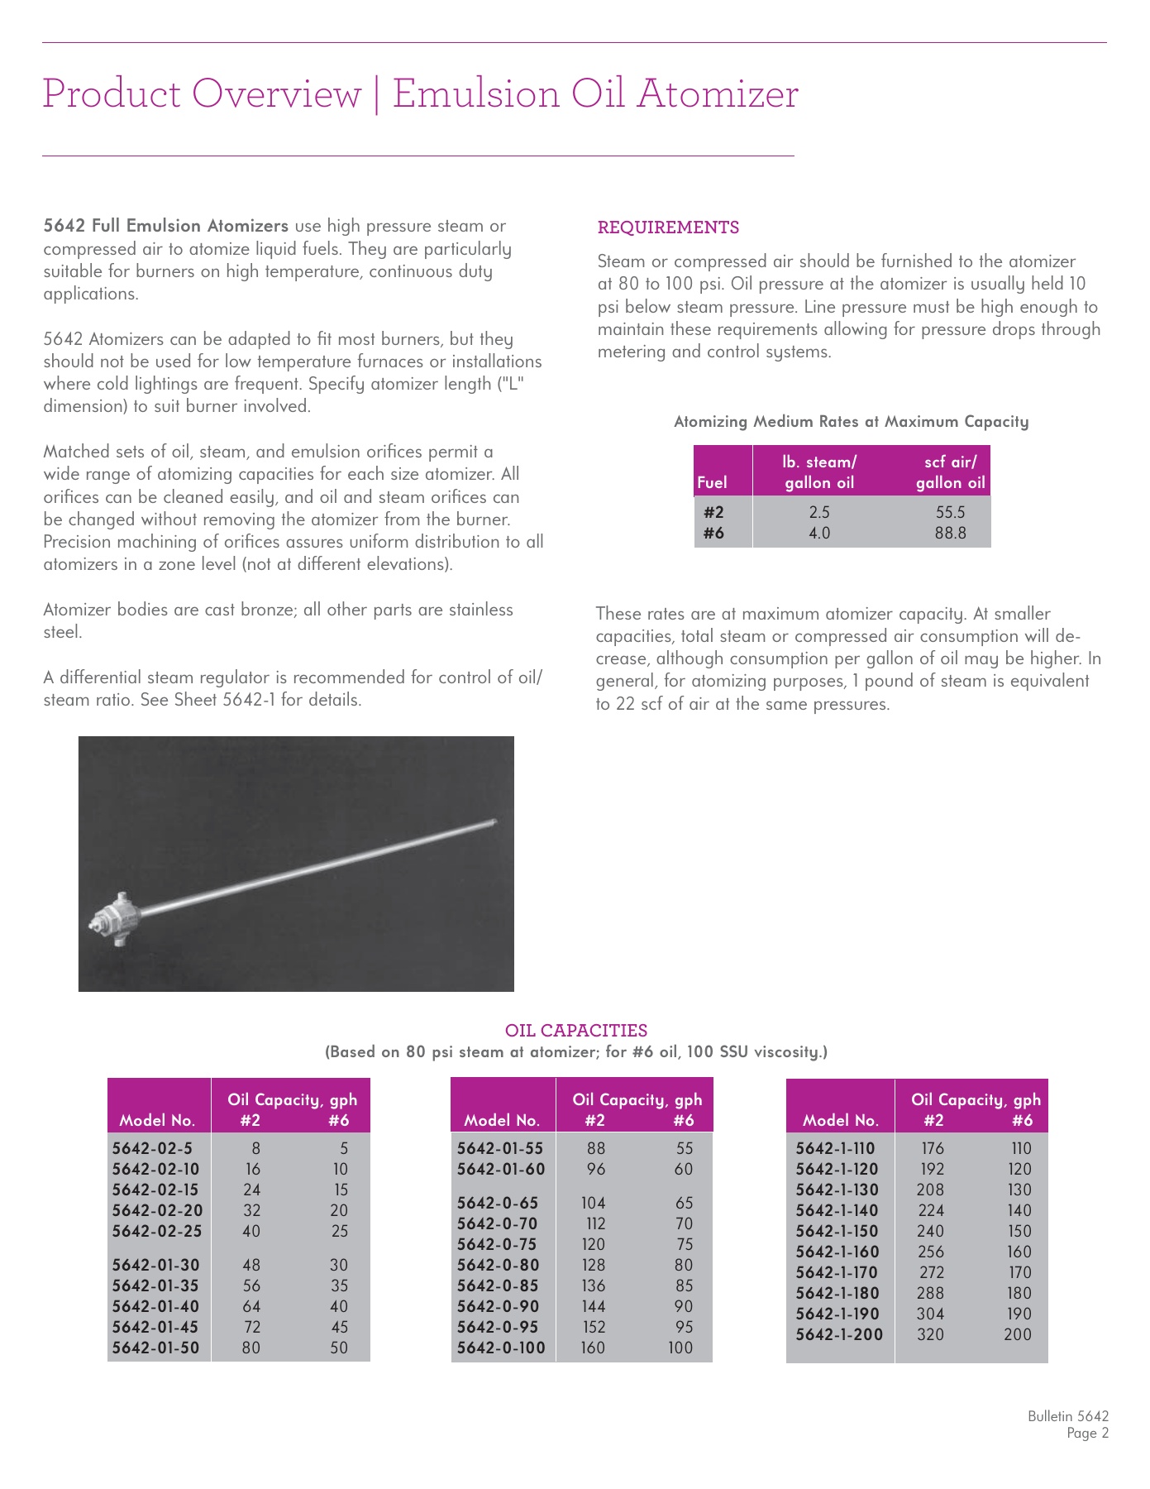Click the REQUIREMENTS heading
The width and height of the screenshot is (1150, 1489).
tap(668, 227)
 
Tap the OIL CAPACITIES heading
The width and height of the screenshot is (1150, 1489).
tap(576, 1031)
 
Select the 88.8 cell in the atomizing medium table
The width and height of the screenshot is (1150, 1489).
tap(950, 534)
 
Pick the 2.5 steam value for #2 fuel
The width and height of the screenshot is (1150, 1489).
tap(818, 513)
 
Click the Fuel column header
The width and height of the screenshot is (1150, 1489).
tap(712, 483)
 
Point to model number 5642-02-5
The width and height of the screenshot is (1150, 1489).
tap(152, 1148)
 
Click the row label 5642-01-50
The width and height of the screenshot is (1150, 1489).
tap(155, 1348)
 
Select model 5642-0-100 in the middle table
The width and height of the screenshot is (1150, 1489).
tap(501, 1348)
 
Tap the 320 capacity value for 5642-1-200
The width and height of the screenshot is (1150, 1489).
tap(930, 1334)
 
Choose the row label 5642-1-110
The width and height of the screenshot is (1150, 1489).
tap(835, 1148)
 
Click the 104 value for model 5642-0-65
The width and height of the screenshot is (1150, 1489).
tap(593, 1203)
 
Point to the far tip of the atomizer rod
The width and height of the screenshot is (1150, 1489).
tap(493, 821)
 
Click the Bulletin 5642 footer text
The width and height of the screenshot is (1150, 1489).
tap(1067, 1416)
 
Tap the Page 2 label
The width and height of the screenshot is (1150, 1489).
tap(1087, 1434)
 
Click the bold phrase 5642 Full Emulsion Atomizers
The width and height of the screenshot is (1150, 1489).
tap(165, 226)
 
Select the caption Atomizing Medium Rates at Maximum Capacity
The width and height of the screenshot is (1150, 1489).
tap(851, 422)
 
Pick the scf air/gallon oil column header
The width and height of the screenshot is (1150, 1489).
tap(950, 472)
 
